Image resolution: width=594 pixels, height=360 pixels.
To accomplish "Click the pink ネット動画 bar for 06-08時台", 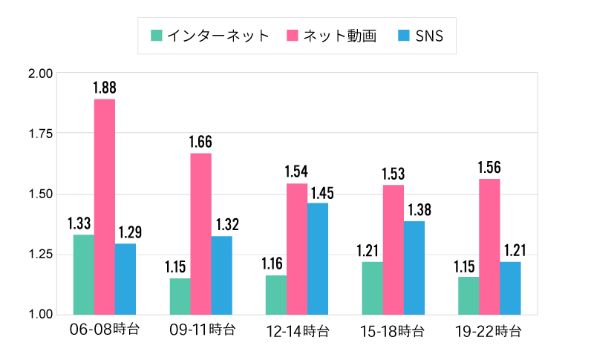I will click(x=105, y=206).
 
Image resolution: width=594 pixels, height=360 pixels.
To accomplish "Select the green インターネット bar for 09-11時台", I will click(x=180, y=296).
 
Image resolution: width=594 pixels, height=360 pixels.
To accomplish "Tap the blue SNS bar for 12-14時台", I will click(x=318, y=258).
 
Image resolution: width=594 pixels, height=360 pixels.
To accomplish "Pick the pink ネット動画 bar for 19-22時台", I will click(x=489, y=246).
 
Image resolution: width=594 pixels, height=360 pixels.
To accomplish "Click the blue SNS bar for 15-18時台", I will click(x=414, y=267).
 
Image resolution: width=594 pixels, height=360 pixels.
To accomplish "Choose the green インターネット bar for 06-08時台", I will click(x=84, y=274).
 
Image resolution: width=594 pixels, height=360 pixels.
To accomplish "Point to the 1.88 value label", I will click(x=105, y=88).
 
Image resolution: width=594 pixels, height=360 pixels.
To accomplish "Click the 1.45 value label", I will click(x=318, y=192).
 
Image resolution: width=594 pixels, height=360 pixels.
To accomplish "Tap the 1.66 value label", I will click(x=201, y=142).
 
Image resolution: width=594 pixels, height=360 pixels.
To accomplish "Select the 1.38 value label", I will click(x=415, y=210).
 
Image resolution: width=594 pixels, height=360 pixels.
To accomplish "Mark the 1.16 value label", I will click(x=275, y=264).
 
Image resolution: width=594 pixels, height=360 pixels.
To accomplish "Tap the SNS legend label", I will click(x=429, y=36).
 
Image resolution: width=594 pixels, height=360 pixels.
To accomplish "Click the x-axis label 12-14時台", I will click(x=297, y=330).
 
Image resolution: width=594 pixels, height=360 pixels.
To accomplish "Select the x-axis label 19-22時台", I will click(x=489, y=330).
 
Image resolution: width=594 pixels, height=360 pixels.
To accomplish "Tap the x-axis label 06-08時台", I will click(x=105, y=329).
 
